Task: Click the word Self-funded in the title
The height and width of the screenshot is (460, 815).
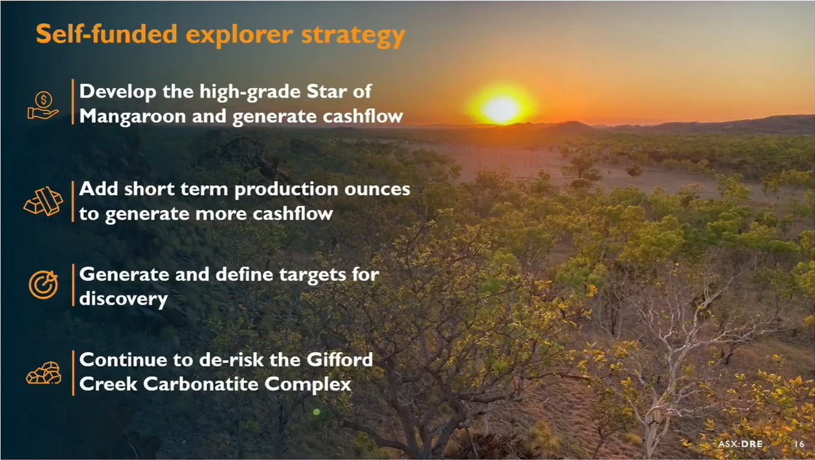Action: [107, 34]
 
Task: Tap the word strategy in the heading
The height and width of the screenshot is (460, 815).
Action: [353, 36]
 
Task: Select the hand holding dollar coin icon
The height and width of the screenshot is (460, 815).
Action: [43, 105]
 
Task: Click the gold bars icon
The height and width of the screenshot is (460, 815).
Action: [44, 201]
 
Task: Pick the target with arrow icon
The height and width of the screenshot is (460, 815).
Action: [44, 284]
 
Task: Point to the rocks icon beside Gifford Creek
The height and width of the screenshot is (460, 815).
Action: [44, 373]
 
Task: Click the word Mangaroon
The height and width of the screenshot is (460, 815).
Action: [133, 116]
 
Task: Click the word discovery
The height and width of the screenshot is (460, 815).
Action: [124, 299]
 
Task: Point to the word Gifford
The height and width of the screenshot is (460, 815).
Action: [340, 360]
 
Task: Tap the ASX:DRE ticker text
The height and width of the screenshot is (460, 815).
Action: [740, 444]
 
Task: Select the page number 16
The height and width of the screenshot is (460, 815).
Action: [799, 444]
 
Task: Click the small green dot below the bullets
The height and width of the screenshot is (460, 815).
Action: [317, 412]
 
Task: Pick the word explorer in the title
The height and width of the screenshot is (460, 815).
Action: [239, 35]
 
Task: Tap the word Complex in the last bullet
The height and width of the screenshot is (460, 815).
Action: [308, 385]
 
